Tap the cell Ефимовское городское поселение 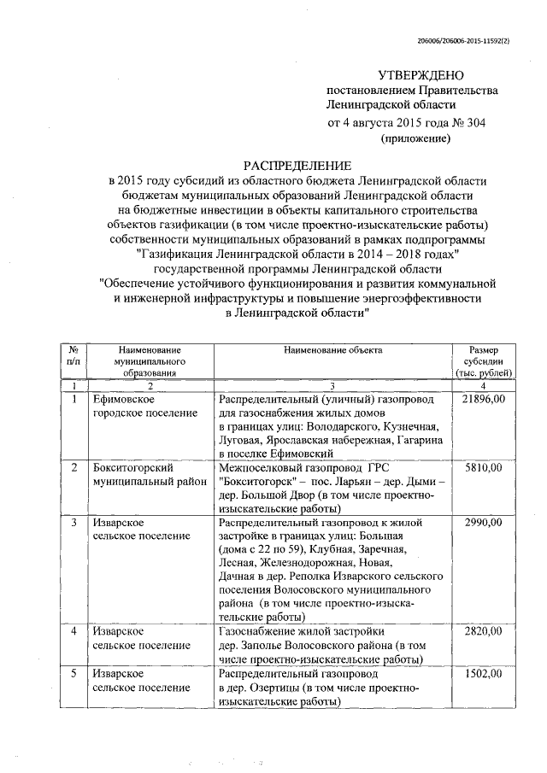coord(134,407)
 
